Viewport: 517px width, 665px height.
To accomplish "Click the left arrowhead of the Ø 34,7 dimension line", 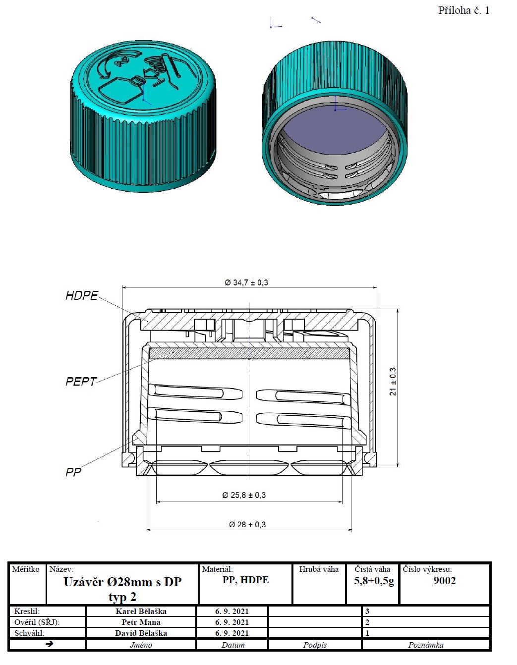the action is (123, 287).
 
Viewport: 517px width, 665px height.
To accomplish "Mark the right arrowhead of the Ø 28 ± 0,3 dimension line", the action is (350, 529).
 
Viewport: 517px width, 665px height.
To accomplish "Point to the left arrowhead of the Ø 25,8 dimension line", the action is (158, 502).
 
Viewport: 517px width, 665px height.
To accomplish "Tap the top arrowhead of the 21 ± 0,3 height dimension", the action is (398, 311).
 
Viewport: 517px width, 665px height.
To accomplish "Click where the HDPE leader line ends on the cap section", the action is (148, 321).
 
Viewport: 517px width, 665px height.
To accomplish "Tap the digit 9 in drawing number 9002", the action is (437, 580).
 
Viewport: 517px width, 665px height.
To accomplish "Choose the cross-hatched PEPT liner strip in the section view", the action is (249, 353).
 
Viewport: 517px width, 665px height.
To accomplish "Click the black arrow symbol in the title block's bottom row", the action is (49, 644).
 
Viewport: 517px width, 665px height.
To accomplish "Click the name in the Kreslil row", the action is (141, 611).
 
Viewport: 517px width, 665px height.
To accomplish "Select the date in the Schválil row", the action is (231, 633).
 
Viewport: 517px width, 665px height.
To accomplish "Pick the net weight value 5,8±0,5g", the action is (374, 581).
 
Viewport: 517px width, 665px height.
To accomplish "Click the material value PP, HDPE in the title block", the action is (245, 580).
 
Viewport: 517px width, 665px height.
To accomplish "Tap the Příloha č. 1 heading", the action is (464, 11).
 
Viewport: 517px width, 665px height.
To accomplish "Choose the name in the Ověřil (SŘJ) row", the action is (141, 622).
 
